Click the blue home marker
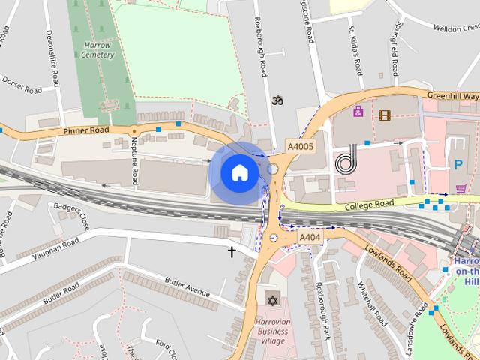(x=238, y=172)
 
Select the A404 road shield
(x=310, y=238)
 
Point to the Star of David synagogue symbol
(x=272, y=301)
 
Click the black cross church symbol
(x=232, y=252)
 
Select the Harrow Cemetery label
(x=98, y=49)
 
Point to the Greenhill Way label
(x=452, y=96)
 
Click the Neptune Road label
(x=134, y=161)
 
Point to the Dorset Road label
(x=21, y=85)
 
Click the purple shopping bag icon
(x=358, y=112)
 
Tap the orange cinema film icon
(x=385, y=115)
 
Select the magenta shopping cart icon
(x=460, y=188)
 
